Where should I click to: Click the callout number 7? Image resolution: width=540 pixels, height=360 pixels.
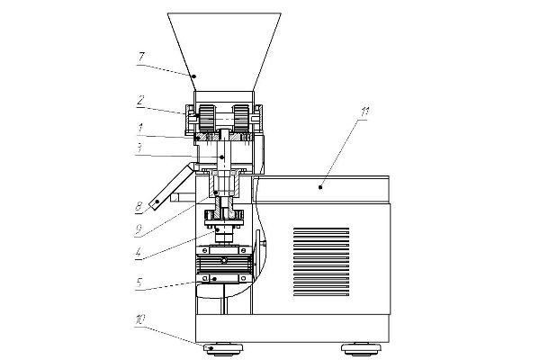pyautogui.click(x=141, y=57)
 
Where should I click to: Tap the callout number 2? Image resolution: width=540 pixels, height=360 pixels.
pyautogui.click(x=140, y=101)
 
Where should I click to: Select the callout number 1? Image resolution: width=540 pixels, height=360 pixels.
pyautogui.click(x=140, y=128)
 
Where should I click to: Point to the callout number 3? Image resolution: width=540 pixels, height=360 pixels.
pyautogui.click(x=139, y=148)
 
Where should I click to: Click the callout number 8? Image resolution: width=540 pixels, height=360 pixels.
pyautogui.click(x=139, y=207)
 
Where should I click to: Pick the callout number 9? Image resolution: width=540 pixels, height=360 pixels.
pyautogui.click(x=139, y=229)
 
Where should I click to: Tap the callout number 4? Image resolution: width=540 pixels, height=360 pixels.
pyautogui.click(x=138, y=253)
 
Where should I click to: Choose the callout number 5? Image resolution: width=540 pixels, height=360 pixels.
pyautogui.click(x=139, y=283)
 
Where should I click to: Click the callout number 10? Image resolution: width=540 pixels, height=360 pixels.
pyautogui.click(x=139, y=320)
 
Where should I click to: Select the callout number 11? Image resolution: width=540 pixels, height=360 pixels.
pyautogui.click(x=365, y=112)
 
